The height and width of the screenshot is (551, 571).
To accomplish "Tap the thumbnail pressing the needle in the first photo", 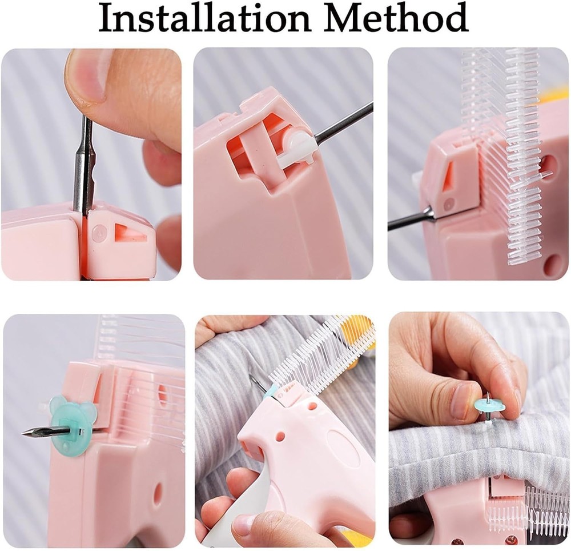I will pyautogui.click(x=86, y=77).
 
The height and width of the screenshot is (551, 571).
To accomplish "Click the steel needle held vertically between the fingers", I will pyautogui.click(x=84, y=166).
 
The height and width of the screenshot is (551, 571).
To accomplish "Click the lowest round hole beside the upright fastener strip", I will pyautogui.click(x=552, y=264).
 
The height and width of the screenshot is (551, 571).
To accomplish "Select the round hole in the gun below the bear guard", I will pyautogui.click(x=158, y=493).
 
